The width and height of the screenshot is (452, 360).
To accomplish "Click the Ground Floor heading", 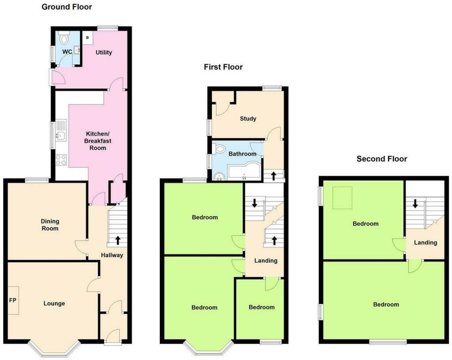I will pos(67,7).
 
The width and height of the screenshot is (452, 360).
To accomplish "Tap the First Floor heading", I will pos(223,67).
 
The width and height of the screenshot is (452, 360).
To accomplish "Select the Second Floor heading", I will pos(382,159).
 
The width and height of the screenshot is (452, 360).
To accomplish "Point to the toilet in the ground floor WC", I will pos(64,39).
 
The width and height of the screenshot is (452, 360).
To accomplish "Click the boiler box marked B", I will pos(87,38).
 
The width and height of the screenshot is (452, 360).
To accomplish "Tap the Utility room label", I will pos(104,52).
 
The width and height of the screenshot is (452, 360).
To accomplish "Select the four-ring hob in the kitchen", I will pos(61,159).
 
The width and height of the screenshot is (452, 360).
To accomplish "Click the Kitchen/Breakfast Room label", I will pos(98,141).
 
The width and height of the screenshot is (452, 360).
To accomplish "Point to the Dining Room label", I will pos(50,225).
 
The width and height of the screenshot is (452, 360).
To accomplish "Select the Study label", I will pos(248,119).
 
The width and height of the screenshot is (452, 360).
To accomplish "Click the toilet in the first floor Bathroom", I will pos(220,150).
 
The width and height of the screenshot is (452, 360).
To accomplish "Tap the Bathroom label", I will pos(242,154).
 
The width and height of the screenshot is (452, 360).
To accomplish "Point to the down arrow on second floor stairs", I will pos(415,204).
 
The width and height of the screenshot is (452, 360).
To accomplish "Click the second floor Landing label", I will pos(426,243).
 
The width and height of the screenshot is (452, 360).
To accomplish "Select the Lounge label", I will pos(54,304).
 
